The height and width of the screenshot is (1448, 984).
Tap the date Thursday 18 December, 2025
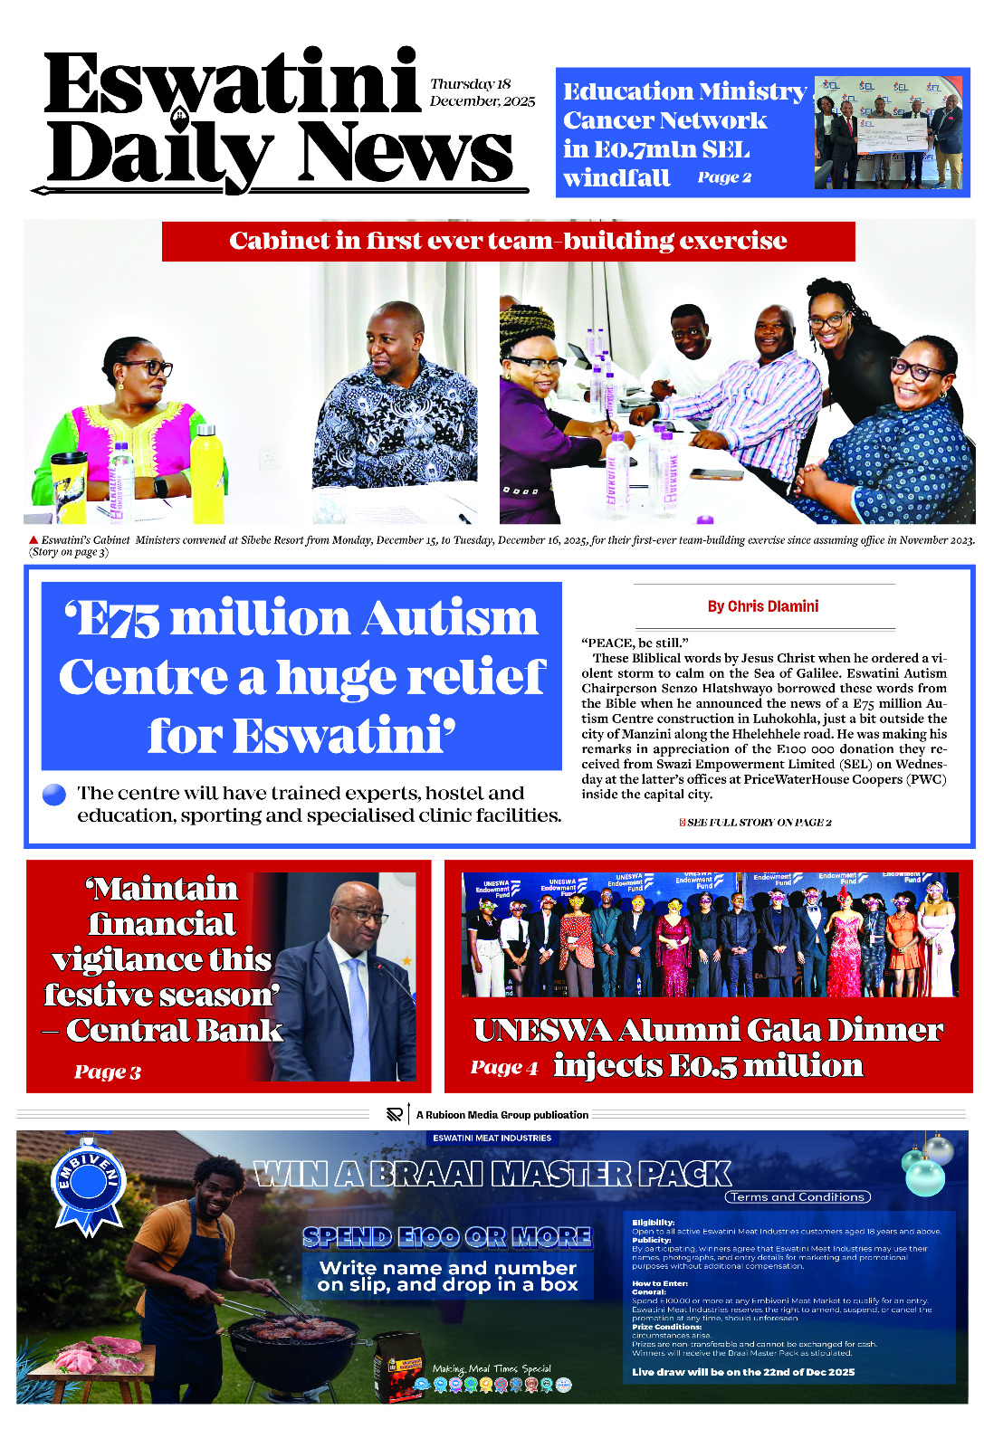coord(482,92)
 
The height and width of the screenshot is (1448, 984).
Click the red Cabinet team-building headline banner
coord(508,241)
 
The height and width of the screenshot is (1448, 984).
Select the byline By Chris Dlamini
coord(762,606)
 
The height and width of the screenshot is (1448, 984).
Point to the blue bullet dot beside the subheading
coord(54,795)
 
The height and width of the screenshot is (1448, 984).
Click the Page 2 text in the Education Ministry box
coord(724,177)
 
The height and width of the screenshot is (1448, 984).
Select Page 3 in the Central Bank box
coord(108,1072)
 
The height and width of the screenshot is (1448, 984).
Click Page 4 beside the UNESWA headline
coord(503,1068)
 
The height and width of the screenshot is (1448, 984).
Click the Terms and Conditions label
coord(797,1197)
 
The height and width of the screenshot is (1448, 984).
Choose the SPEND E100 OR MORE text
coord(447,1237)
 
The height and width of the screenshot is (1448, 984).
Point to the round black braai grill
coord(291,1348)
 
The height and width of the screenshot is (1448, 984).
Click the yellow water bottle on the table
coord(206,475)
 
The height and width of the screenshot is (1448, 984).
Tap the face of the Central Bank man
coord(359,916)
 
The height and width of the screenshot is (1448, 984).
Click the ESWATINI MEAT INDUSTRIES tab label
coord(492,1138)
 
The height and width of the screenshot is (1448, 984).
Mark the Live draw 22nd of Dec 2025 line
coord(742,1372)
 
